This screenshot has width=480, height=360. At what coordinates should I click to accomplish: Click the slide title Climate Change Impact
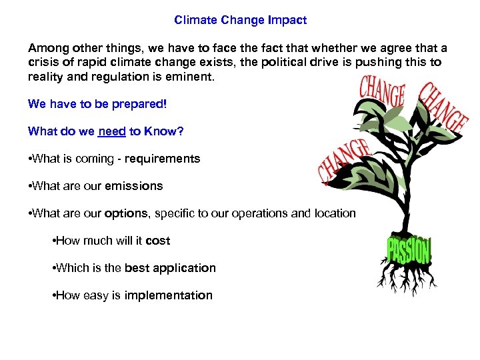pyautogui.click(x=240, y=20)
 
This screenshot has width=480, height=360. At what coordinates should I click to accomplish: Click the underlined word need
pyautogui.click(x=112, y=131)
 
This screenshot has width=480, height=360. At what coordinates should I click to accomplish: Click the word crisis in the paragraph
pyautogui.click(x=42, y=63)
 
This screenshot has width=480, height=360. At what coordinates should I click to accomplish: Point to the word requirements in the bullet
pyautogui.click(x=167, y=159)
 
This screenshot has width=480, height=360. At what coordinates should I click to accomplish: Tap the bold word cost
pyautogui.click(x=158, y=241)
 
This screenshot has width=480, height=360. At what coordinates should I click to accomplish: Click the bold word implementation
pyautogui.click(x=167, y=295)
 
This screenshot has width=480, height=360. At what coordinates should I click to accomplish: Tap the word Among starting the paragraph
pyautogui.click(x=46, y=49)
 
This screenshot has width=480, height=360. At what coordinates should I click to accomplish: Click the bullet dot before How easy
pyautogui.click(x=53, y=295)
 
